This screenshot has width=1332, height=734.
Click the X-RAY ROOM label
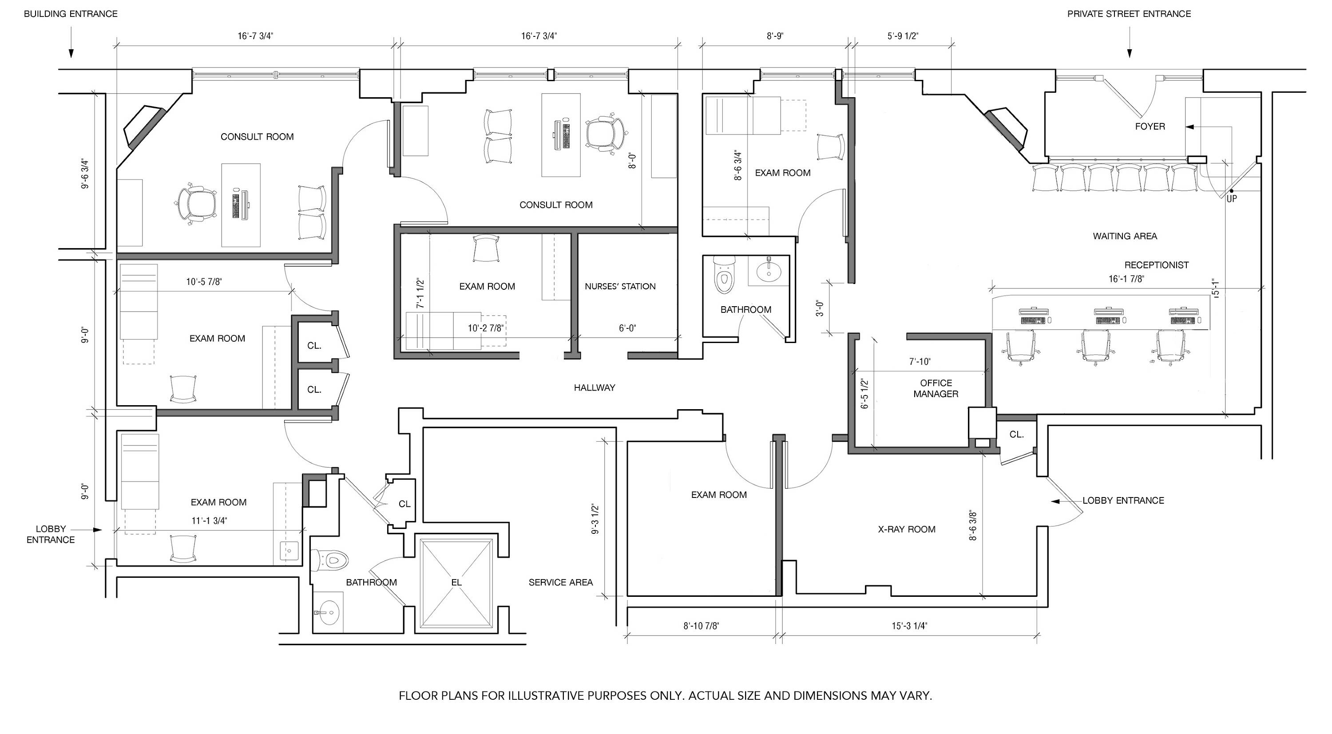(907, 529)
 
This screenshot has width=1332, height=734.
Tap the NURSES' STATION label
(620, 286)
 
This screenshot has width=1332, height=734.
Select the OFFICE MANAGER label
(936, 388)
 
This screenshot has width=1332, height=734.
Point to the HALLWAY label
(594, 388)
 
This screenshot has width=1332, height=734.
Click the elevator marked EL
(456, 583)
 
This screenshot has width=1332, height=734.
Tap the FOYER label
(1150, 126)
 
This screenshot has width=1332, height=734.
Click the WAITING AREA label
(1125, 236)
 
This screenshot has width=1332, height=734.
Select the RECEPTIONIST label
(1156, 265)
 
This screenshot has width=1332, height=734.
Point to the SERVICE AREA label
(560, 583)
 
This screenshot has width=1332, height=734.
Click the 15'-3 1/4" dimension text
(909, 626)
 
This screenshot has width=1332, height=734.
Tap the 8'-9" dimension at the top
(775, 36)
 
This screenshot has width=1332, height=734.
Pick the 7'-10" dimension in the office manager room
(920, 362)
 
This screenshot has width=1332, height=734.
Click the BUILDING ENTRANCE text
(71, 14)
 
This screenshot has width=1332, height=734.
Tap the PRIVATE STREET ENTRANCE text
(1129, 14)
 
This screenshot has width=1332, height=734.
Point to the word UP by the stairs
(1232, 198)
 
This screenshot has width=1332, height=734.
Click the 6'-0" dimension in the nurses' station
(627, 328)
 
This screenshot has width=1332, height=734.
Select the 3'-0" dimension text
(820, 308)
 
